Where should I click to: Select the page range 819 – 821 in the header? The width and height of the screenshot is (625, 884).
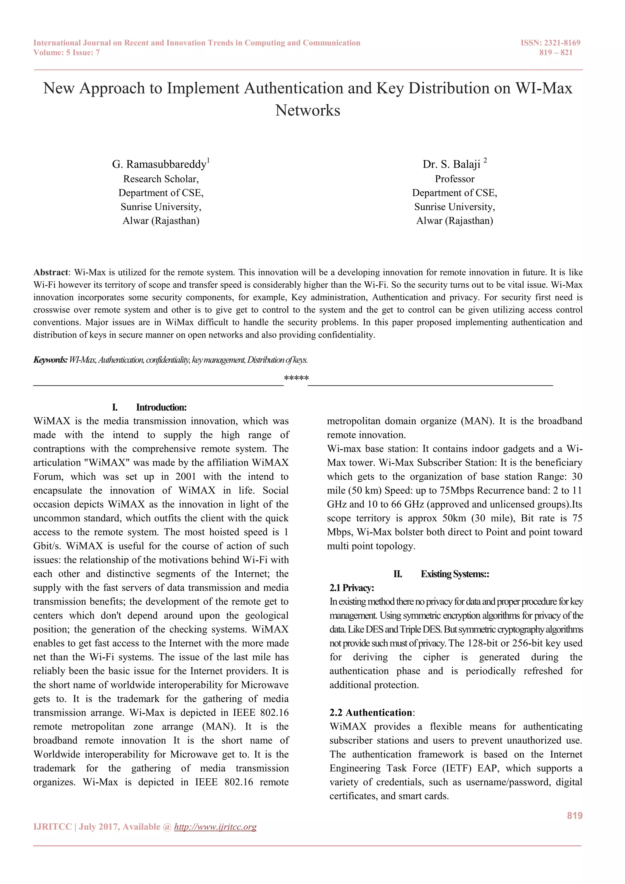[556, 53]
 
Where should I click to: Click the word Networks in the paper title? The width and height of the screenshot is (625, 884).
[308, 111]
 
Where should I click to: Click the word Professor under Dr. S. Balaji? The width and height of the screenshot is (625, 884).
[454, 179]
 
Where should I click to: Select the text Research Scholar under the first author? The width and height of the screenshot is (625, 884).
[161, 179]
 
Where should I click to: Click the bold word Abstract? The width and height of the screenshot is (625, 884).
[50, 273]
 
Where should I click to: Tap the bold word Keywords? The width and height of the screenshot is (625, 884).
[50, 360]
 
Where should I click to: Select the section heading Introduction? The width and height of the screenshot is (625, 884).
[161, 407]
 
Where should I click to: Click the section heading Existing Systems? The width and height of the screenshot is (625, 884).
[454, 574]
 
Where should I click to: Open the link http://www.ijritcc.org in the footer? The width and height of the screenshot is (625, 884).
[215, 827]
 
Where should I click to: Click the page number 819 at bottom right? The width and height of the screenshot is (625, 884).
[575, 815]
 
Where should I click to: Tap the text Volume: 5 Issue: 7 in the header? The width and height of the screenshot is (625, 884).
[67, 53]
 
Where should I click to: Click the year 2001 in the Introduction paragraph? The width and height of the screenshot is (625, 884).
[186, 477]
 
